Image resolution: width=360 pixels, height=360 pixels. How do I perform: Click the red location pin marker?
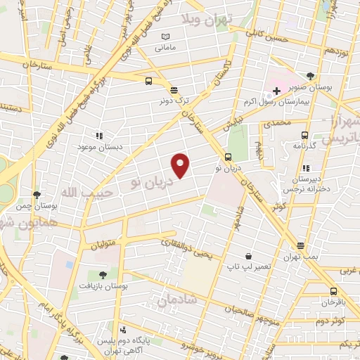181,165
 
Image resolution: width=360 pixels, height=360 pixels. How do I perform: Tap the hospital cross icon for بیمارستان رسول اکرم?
277,91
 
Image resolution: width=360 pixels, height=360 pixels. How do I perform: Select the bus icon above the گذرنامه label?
304,135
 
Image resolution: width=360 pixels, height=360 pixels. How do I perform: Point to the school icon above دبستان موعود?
99,135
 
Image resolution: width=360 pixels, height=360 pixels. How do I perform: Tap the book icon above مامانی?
165,37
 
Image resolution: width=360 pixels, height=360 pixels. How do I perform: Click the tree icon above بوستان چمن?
37,194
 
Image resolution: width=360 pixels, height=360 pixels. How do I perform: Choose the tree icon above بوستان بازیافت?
103,274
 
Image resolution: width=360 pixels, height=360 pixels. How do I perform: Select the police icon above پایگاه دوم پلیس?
124,329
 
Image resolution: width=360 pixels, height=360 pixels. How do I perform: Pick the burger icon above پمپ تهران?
301,246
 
